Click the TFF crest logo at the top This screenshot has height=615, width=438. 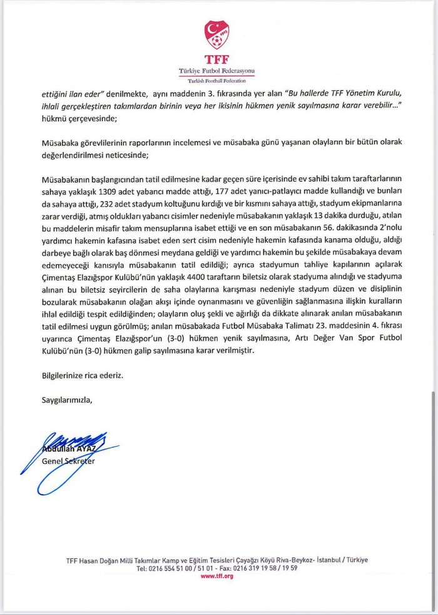coord(217,35)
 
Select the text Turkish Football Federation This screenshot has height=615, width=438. coord(217,81)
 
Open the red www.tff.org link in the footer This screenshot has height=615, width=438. coord(216,576)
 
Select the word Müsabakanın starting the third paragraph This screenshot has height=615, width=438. coord(66,174)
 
